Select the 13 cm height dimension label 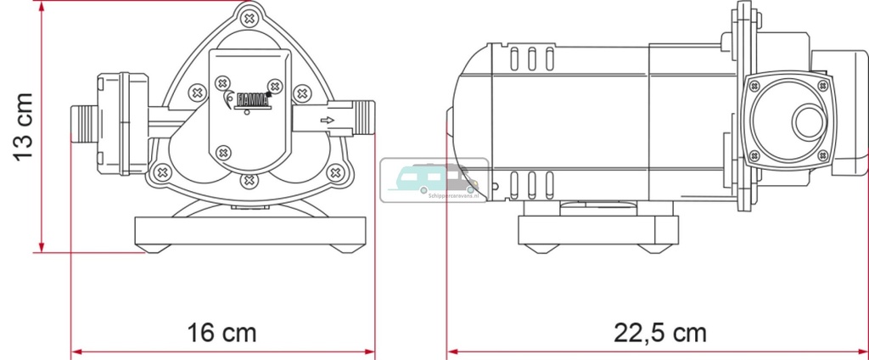coord(24,127)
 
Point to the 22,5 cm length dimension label coord(659,332)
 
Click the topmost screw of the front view coord(248,16)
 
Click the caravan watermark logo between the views coord(434,179)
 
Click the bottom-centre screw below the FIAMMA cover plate coord(248,179)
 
